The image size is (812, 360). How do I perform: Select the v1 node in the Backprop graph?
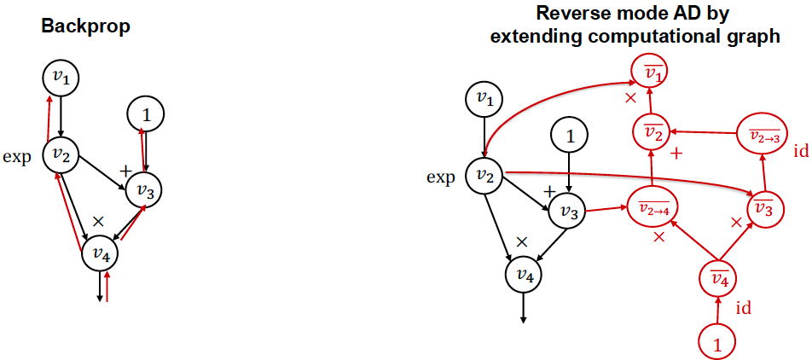point(61,78)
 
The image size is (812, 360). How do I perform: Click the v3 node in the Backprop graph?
point(143,189)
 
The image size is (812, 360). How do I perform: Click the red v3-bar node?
point(764,206)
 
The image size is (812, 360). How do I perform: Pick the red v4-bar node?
point(718,278)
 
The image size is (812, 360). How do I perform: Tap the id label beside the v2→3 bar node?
point(800,151)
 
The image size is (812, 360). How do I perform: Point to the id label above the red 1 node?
point(743,308)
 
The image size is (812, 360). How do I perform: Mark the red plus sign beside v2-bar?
point(680,154)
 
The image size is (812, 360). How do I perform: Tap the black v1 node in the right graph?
point(484,100)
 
